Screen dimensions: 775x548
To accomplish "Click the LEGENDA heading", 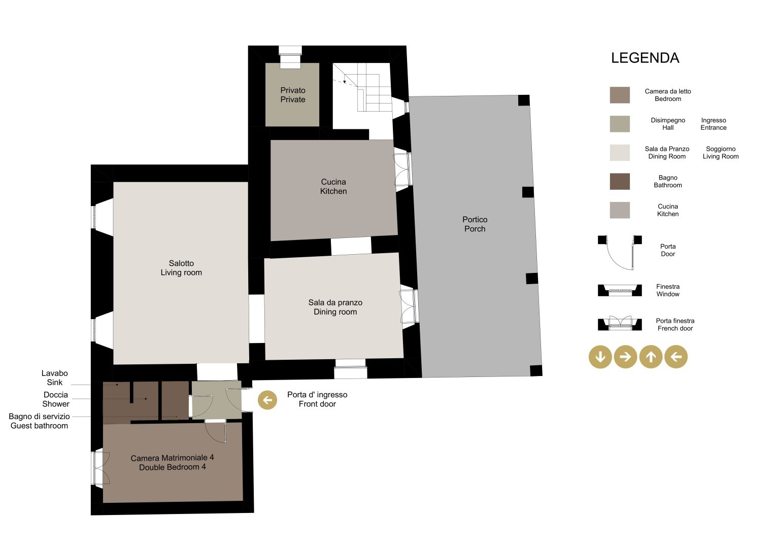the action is (x=645, y=58).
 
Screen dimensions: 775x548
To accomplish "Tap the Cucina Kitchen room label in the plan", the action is (x=333, y=187).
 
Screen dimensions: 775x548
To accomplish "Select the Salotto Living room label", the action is (x=181, y=268).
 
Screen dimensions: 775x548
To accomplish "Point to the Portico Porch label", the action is (x=475, y=224).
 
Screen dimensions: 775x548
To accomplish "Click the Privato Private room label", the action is (x=293, y=95).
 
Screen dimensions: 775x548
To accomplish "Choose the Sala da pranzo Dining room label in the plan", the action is (x=335, y=307).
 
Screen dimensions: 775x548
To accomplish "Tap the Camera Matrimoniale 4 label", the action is (x=172, y=463).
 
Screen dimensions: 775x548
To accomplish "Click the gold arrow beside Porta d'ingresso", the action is (x=267, y=400).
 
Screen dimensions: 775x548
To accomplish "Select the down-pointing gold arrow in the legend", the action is (x=600, y=357).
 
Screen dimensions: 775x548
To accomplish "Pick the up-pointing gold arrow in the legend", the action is (x=651, y=357).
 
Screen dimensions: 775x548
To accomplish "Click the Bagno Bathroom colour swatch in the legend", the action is (x=620, y=182).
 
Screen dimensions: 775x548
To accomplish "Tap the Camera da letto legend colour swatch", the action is (x=620, y=95).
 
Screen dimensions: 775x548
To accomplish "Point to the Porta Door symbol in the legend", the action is (x=620, y=252).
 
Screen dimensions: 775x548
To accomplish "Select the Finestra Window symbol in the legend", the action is (x=620, y=290).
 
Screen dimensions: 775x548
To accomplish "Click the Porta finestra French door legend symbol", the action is (x=620, y=323).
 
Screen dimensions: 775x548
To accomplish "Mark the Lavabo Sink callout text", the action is (x=55, y=378).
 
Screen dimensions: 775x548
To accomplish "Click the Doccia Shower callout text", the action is (x=56, y=399).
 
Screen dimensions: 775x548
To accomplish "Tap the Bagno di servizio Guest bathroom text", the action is (x=39, y=421).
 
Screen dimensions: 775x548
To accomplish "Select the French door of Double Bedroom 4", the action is (x=100, y=468).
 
